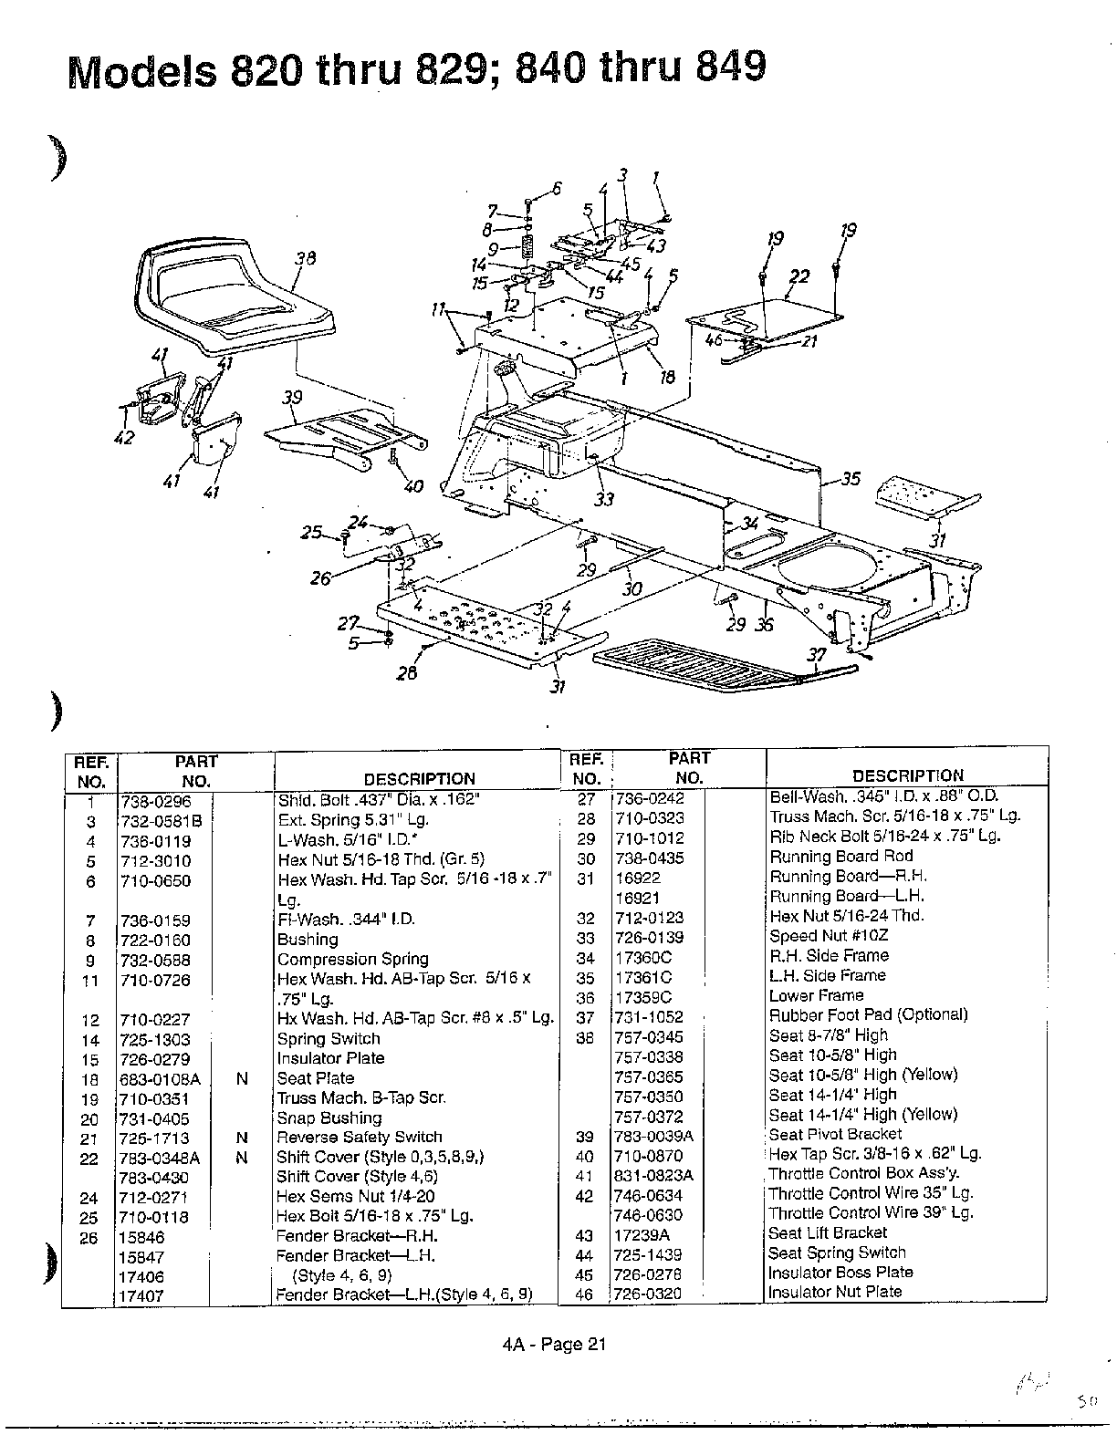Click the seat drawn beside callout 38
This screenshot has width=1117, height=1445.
click(233, 296)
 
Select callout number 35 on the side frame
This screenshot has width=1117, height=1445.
click(850, 478)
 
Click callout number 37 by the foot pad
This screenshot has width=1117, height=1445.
click(818, 656)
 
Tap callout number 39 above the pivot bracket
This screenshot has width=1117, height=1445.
click(292, 398)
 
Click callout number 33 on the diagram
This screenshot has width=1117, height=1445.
click(604, 499)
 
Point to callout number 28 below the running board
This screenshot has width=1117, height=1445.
click(407, 673)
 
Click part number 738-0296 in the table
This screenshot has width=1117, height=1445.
click(155, 800)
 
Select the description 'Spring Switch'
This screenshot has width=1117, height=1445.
click(329, 1038)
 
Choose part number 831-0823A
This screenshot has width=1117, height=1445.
click(653, 1175)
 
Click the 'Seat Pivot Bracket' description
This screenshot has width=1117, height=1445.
click(835, 1134)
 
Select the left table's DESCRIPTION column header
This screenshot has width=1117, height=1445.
click(419, 779)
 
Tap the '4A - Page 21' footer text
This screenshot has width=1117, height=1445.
click(554, 1344)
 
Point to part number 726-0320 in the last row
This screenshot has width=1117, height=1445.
click(647, 1294)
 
